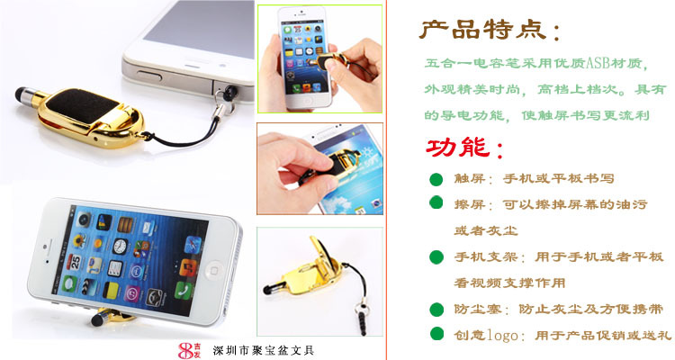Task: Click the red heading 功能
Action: tap(457, 148)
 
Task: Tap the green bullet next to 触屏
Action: tap(436, 179)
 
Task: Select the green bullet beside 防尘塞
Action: tap(436, 310)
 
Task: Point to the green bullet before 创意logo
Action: tap(436, 334)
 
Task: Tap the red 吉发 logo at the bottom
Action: tap(189, 350)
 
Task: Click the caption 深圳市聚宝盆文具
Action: tap(264, 350)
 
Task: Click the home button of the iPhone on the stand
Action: tap(213, 271)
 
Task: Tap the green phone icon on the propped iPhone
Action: tap(184, 290)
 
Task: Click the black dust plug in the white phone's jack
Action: tap(229, 91)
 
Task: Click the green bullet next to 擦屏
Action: tap(436, 202)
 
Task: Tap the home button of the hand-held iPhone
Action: tap(308, 102)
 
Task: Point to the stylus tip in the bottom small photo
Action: tap(268, 289)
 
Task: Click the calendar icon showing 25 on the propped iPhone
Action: tap(75, 261)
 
